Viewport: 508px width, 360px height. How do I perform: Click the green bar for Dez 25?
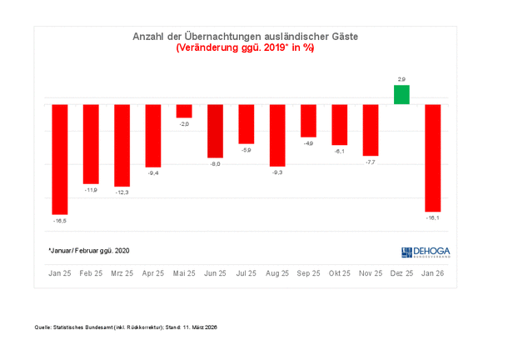point(401,95)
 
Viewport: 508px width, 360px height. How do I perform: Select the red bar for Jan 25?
point(60,158)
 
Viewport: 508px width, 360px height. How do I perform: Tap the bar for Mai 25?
point(184,111)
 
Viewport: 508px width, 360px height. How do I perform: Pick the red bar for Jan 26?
point(433,157)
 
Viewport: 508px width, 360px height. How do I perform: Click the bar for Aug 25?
point(277,135)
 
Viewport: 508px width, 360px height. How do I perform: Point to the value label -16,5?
point(60,221)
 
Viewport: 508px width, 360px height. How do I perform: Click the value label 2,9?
point(401,78)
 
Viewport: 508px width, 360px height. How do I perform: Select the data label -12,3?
point(122,192)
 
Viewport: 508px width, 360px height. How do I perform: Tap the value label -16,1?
point(433,217)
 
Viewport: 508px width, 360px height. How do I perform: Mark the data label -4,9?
point(308,144)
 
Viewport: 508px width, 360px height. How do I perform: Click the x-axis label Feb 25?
point(91,272)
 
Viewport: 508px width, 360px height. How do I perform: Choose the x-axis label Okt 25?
point(340,272)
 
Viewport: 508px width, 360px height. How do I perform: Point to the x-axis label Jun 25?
point(216,272)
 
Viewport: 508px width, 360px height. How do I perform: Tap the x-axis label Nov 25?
point(371,272)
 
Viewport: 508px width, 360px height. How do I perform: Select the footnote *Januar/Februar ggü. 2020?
point(89,250)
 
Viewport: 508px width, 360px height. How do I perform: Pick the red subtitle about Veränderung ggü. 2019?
point(245,48)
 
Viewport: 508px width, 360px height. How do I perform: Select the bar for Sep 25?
point(308,121)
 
